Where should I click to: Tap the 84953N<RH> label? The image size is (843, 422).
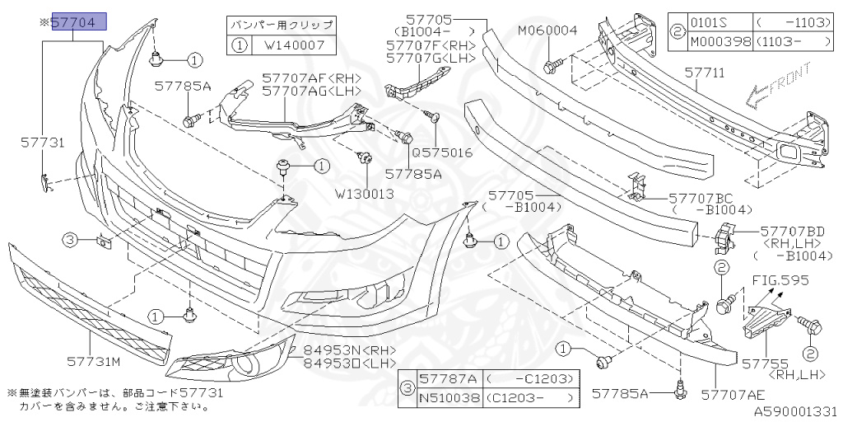click(x=350, y=350)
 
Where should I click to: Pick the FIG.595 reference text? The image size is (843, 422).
click(x=780, y=280)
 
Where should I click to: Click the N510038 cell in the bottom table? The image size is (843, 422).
click(x=449, y=398)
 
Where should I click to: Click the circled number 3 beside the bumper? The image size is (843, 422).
click(x=70, y=240)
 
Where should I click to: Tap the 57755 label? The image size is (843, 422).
click(x=765, y=363)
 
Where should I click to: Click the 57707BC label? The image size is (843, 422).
click(x=701, y=198)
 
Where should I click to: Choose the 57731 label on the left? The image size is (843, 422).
click(x=42, y=143)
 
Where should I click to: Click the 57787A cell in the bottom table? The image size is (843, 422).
click(x=449, y=380)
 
